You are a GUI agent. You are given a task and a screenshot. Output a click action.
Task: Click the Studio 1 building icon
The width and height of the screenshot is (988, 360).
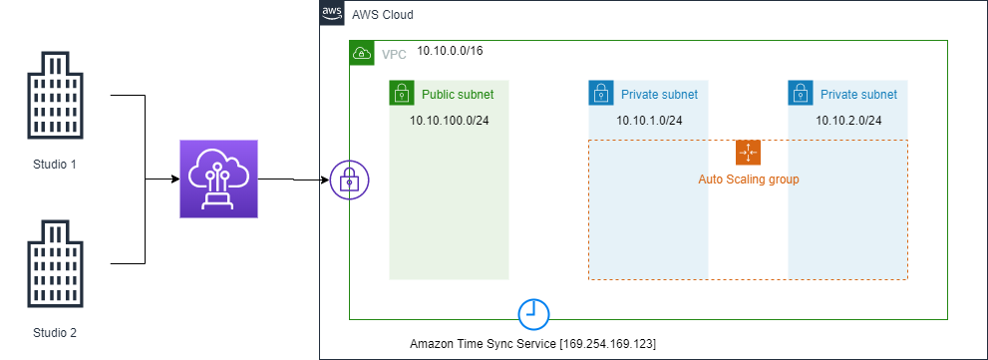(x=48, y=96)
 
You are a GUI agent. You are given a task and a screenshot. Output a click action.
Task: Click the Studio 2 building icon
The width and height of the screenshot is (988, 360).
(x=48, y=264)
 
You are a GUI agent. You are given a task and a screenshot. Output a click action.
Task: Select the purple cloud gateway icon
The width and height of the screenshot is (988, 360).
(x=218, y=180)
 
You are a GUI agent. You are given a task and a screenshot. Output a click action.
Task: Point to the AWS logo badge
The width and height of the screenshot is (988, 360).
(x=331, y=14)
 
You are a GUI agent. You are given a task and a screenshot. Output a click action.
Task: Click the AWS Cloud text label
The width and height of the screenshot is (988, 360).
(x=383, y=16)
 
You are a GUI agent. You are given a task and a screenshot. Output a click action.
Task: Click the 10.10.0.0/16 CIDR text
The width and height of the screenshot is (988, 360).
(x=451, y=51)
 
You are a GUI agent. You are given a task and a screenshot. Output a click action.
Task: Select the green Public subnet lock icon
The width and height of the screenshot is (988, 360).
(x=401, y=94)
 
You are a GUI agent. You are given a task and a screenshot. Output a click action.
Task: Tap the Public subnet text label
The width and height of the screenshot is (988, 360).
(x=458, y=95)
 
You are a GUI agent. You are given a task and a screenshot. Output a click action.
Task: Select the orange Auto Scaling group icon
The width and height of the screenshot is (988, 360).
(x=748, y=153)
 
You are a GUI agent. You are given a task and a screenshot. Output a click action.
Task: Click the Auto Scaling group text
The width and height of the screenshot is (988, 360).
(x=748, y=180)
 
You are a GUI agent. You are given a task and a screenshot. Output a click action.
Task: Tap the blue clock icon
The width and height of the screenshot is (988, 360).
(x=533, y=313)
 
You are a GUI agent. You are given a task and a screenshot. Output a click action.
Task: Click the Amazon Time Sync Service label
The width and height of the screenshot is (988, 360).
(x=533, y=343)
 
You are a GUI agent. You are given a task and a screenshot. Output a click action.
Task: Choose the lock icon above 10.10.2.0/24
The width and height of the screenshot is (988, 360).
(x=800, y=94)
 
